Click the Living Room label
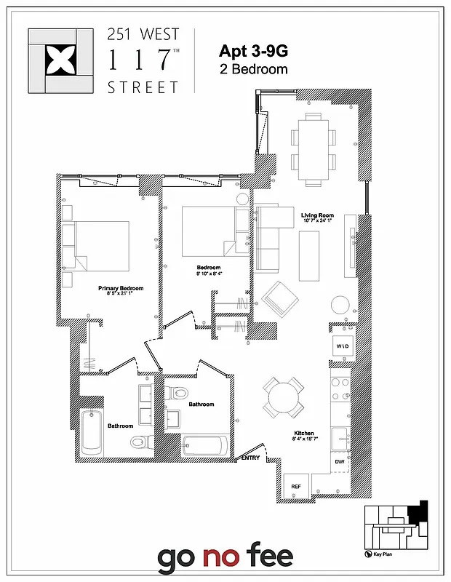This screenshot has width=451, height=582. click(x=317, y=215)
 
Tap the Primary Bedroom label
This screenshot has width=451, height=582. click(x=121, y=288)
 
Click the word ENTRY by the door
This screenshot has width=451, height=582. click(x=250, y=458)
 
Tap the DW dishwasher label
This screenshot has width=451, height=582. click(x=339, y=462)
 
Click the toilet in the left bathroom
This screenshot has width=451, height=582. click(x=140, y=442)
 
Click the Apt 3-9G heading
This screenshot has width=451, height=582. click(x=252, y=51)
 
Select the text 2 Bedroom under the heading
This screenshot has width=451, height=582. click(x=253, y=70)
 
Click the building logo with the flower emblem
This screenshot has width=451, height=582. click(x=60, y=61)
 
